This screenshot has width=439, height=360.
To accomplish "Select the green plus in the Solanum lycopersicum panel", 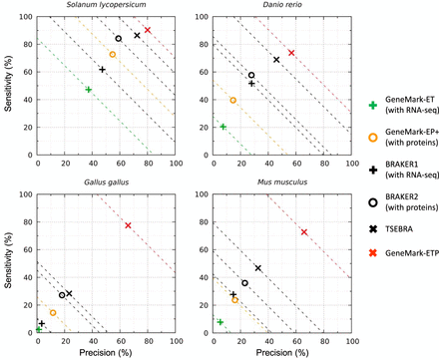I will coord(89,90).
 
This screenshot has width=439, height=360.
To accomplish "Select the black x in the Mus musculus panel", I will coord(258,268).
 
